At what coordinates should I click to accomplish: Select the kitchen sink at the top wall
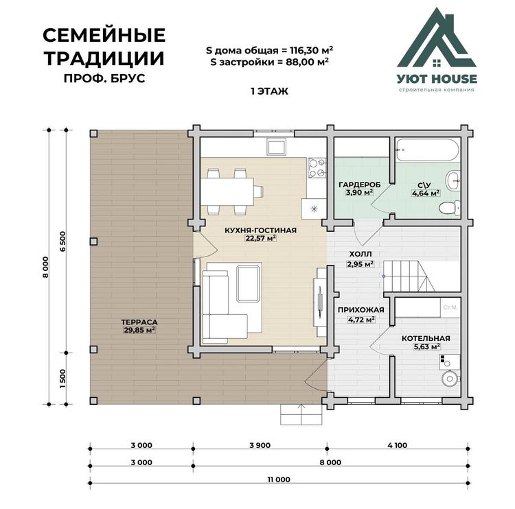coord(276,146)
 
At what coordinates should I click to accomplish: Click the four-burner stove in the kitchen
coord(317,167)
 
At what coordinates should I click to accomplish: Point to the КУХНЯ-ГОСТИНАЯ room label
coord(260,230)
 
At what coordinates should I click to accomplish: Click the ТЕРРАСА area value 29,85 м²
coord(139,330)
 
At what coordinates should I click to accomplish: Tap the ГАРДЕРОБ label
coord(360,185)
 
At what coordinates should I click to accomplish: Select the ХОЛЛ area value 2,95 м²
coord(360,264)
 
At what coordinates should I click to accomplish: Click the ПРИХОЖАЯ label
coord(361,310)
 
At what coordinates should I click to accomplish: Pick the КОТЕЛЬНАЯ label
coord(426,338)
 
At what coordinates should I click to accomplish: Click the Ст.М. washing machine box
coord(450,307)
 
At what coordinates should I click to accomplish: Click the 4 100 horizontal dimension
coord(397,445)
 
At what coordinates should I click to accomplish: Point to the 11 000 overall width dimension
coord(279,480)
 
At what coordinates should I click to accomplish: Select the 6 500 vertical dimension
coord(62,241)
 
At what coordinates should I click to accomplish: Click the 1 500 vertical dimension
coord(62,379)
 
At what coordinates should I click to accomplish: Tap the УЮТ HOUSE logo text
coord(437,79)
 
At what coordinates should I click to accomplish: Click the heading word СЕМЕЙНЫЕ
coord(104,36)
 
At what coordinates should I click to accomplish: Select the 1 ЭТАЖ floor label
coord(269,91)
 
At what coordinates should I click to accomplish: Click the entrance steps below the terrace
coord(301,414)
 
